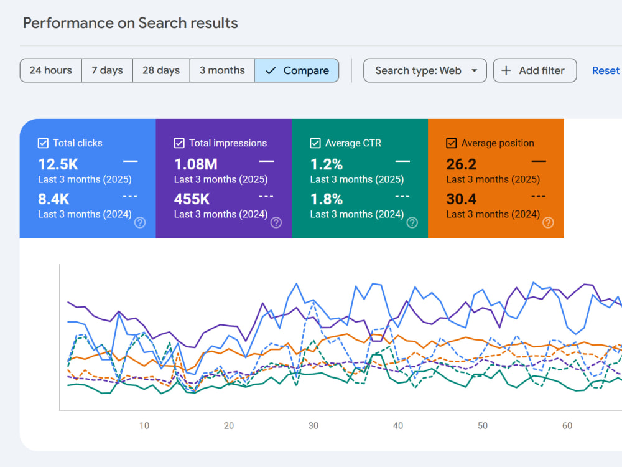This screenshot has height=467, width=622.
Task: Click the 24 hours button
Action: pos(51,71)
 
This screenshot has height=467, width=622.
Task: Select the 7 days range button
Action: pos(107,71)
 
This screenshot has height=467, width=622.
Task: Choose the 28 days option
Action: pos(161,71)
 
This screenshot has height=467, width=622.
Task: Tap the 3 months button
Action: pos(222,71)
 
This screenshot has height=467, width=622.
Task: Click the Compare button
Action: pos(297,71)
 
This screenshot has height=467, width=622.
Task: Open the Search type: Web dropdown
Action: pos(425,71)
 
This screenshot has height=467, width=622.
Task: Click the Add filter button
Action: pos(535,71)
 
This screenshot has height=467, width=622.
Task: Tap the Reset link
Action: pos(605,71)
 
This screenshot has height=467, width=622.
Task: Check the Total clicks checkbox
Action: pos(43,143)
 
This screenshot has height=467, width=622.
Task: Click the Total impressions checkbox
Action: pos(179,143)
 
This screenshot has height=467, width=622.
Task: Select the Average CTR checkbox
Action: pos(315,143)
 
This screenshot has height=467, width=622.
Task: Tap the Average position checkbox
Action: pos(451,143)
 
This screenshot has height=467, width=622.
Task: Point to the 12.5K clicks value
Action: pos(58,164)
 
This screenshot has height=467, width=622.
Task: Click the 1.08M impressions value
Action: pos(195,164)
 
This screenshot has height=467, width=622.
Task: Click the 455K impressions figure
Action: pos(192,199)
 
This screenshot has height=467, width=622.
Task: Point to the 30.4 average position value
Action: pos(462,199)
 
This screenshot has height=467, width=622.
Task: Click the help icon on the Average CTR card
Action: pos(412,223)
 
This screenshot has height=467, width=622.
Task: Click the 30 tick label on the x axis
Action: pos(313,426)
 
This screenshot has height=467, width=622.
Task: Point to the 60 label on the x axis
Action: pos(567,426)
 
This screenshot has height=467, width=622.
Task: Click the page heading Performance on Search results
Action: pos(131,23)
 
